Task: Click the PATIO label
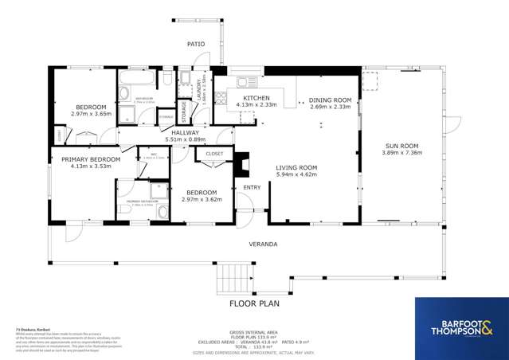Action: [x=196, y=44]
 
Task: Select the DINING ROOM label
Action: [x=330, y=100]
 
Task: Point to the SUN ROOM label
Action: [x=401, y=147]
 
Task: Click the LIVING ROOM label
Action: [x=296, y=167]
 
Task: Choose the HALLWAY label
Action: [x=174, y=133]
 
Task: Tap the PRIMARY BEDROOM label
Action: [x=91, y=159]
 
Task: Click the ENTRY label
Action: [x=252, y=188]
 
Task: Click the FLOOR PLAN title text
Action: [x=254, y=303]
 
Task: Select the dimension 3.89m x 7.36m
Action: [x=401, y=154]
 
